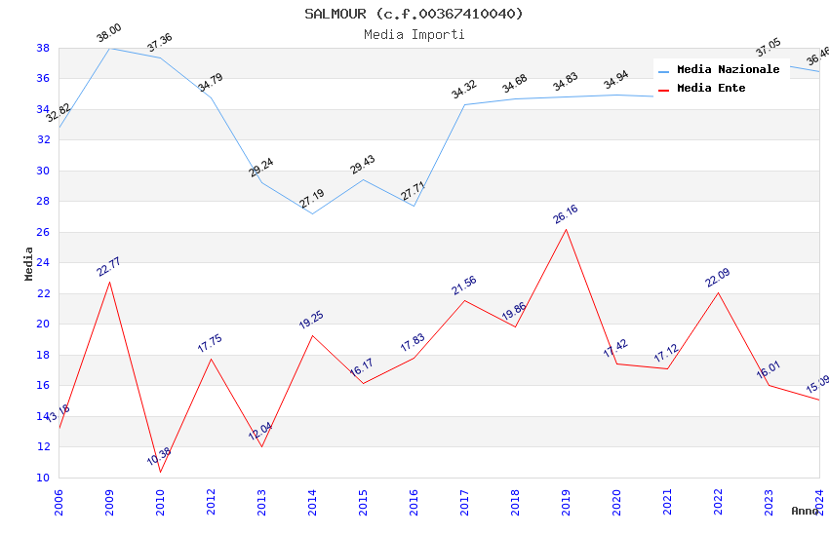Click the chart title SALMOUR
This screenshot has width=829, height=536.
(414, 14)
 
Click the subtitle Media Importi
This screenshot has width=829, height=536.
(414, 34)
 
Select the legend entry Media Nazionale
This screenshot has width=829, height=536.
(728, 69)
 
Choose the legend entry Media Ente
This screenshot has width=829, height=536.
(711, 88)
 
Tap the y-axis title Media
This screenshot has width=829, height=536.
(28, 263)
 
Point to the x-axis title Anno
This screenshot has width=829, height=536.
(805, 511)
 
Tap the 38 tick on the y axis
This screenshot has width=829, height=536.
(43, 48)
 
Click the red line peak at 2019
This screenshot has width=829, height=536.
(566, 229)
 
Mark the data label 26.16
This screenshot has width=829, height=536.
(565, 213)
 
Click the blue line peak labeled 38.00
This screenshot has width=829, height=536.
(109, 48)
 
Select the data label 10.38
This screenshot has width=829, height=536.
(159, 456)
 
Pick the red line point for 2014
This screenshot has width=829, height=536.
(312, 335)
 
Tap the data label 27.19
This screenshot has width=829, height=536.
(312, 199)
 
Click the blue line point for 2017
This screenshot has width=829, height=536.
(464, 104)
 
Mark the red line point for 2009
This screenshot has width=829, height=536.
(109, 282)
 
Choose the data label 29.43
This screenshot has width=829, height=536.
(363, 164)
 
